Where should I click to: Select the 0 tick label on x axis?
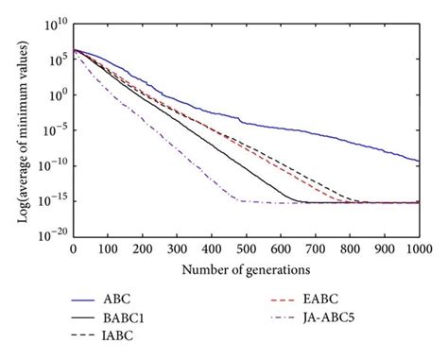74,253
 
